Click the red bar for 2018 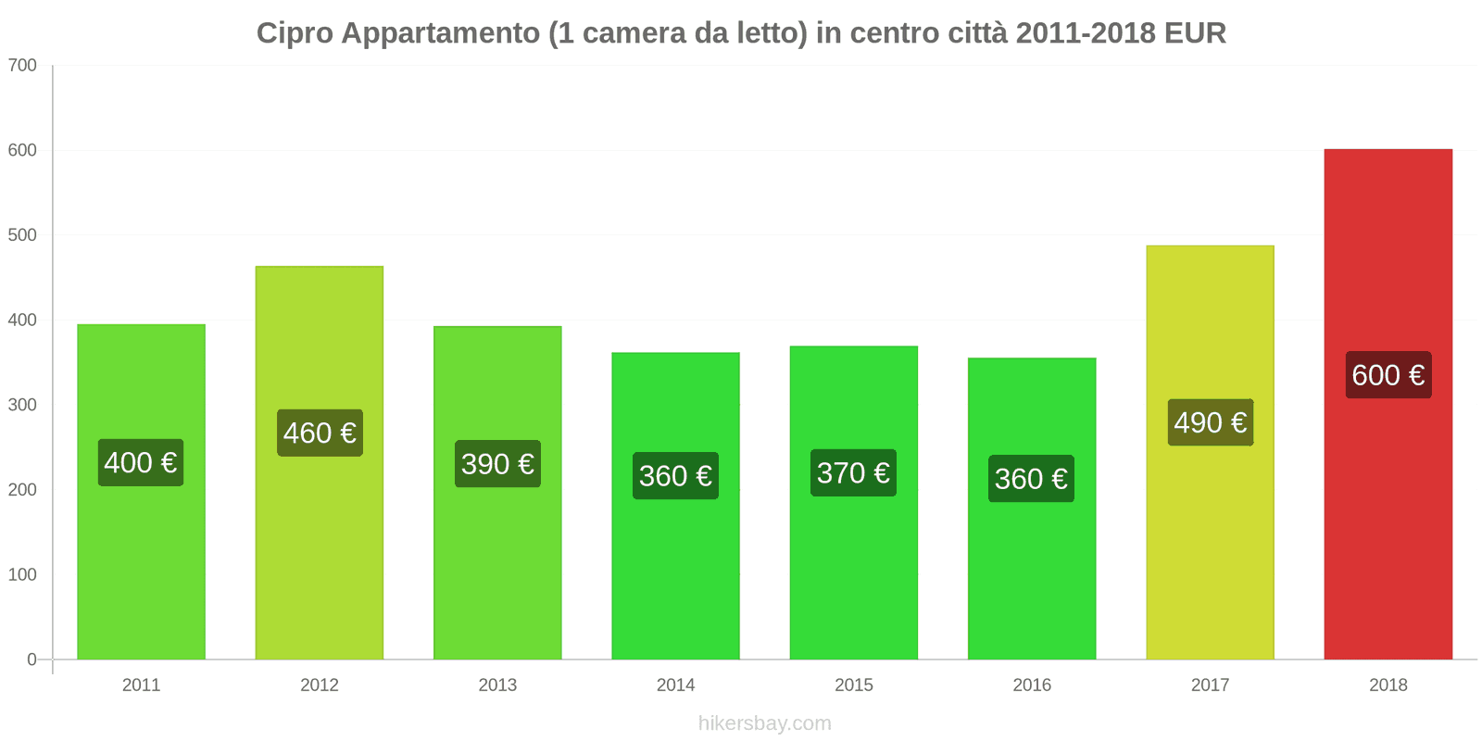click(1388, 519)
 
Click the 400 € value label click(141, 462)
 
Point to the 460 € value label click(320, 433)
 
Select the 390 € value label click(497, 463)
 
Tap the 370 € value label click(853, 472)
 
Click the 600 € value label click(1388, 374)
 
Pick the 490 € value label click(1210, 422)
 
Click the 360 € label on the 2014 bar click(675, 475)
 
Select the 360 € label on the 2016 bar click(1031, 478)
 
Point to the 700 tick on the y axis click(22, 65)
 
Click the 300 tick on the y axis click(22, 405)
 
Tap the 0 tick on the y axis click(31, 659)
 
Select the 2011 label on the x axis click(141, 684)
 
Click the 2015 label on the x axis click(853, 684)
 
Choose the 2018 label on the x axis click(1388, 684)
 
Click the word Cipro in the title click(295, 33)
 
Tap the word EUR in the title click(1195, 33)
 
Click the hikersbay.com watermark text click(764, 722)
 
